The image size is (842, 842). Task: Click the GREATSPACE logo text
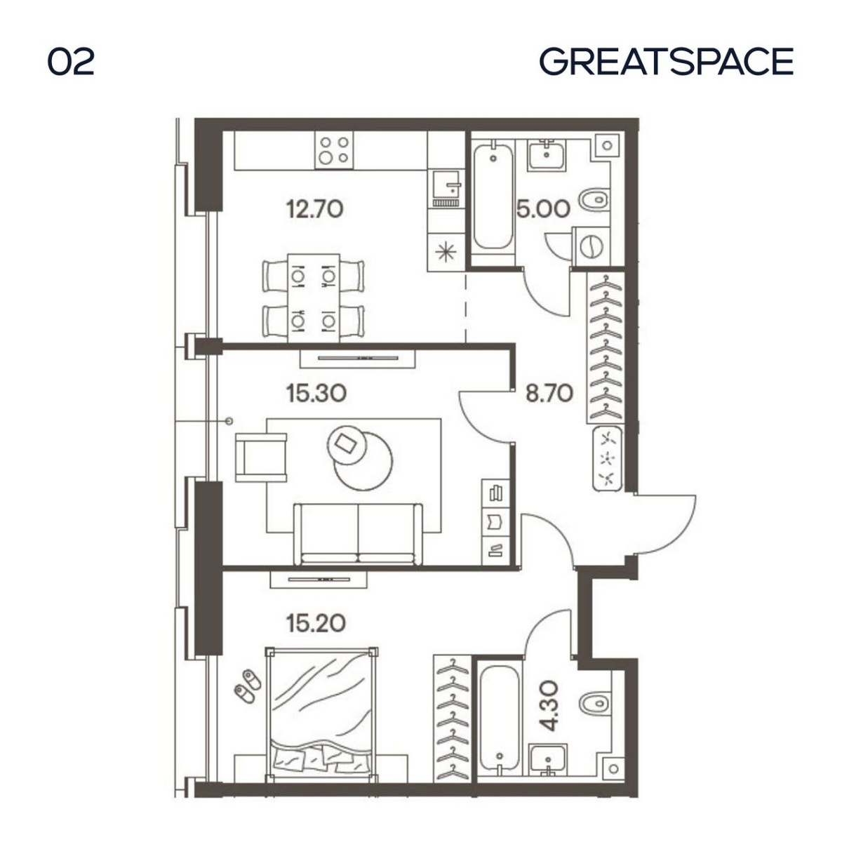click(x=667, y=61)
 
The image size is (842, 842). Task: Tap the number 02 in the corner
click(x=71, y=62)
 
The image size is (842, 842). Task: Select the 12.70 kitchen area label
click(x=314, y=209)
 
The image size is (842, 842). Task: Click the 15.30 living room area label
click(x=316, y=393)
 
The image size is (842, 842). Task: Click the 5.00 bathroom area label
click(x=543, y=209)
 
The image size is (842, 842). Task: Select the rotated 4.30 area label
click(x=549, y=706)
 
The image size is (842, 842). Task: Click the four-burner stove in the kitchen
click(x=334, y=150)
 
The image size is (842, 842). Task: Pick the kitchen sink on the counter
click(x=446, y=188)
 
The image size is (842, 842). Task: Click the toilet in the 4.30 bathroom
click(x=595, y=703)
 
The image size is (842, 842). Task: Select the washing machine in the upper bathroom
click(x=591, y=246)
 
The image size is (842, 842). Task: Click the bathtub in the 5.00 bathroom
click(x=493, y=197)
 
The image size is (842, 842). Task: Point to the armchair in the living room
click(x=261, y=457)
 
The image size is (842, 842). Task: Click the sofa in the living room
click(x=358, y=534)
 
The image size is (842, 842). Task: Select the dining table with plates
click(x=313, y=298)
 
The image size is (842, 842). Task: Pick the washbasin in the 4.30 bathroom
click(x=548, y=761)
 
